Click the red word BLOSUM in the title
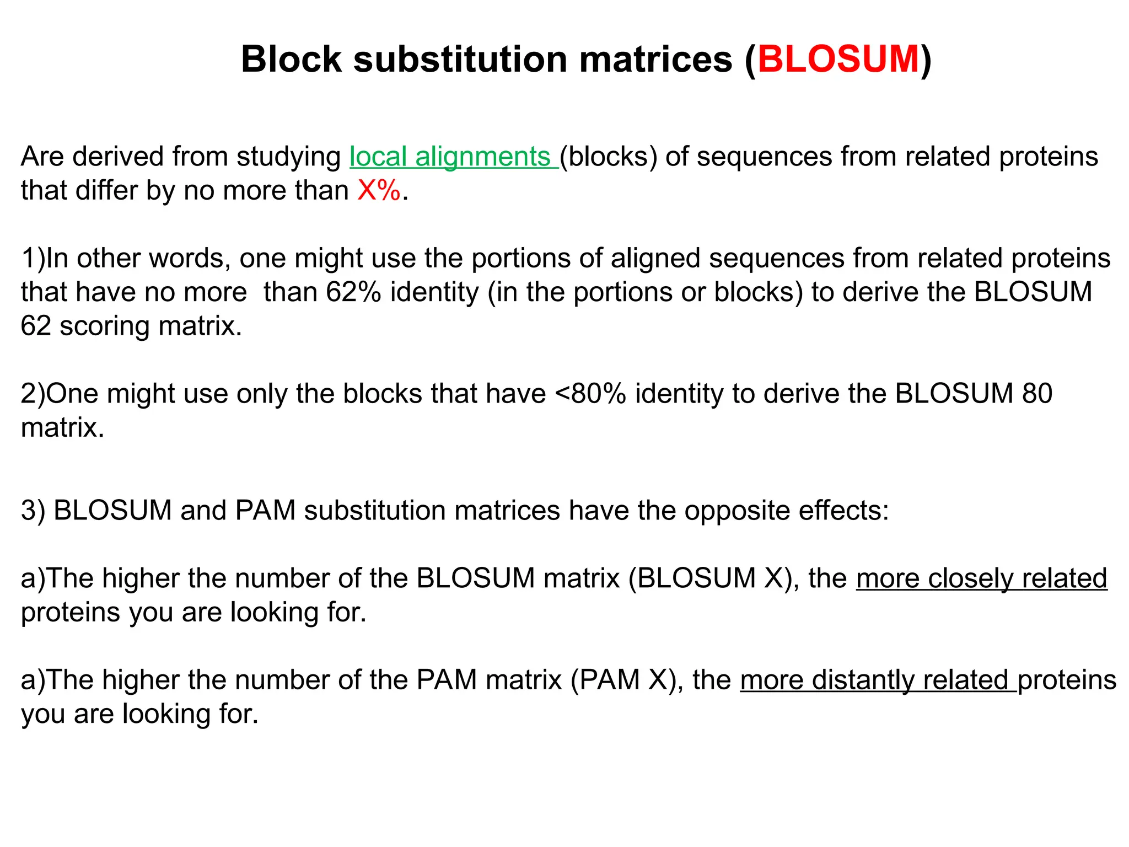(838, 59)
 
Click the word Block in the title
(292, 59)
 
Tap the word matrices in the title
(655, 59)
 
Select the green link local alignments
(453, 157)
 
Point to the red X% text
(379, 191)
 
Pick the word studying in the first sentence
(289, 157)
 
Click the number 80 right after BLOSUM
(1037, 394)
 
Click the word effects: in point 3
(843, 511)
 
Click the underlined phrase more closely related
(981, 578)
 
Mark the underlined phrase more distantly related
(878, 680)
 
